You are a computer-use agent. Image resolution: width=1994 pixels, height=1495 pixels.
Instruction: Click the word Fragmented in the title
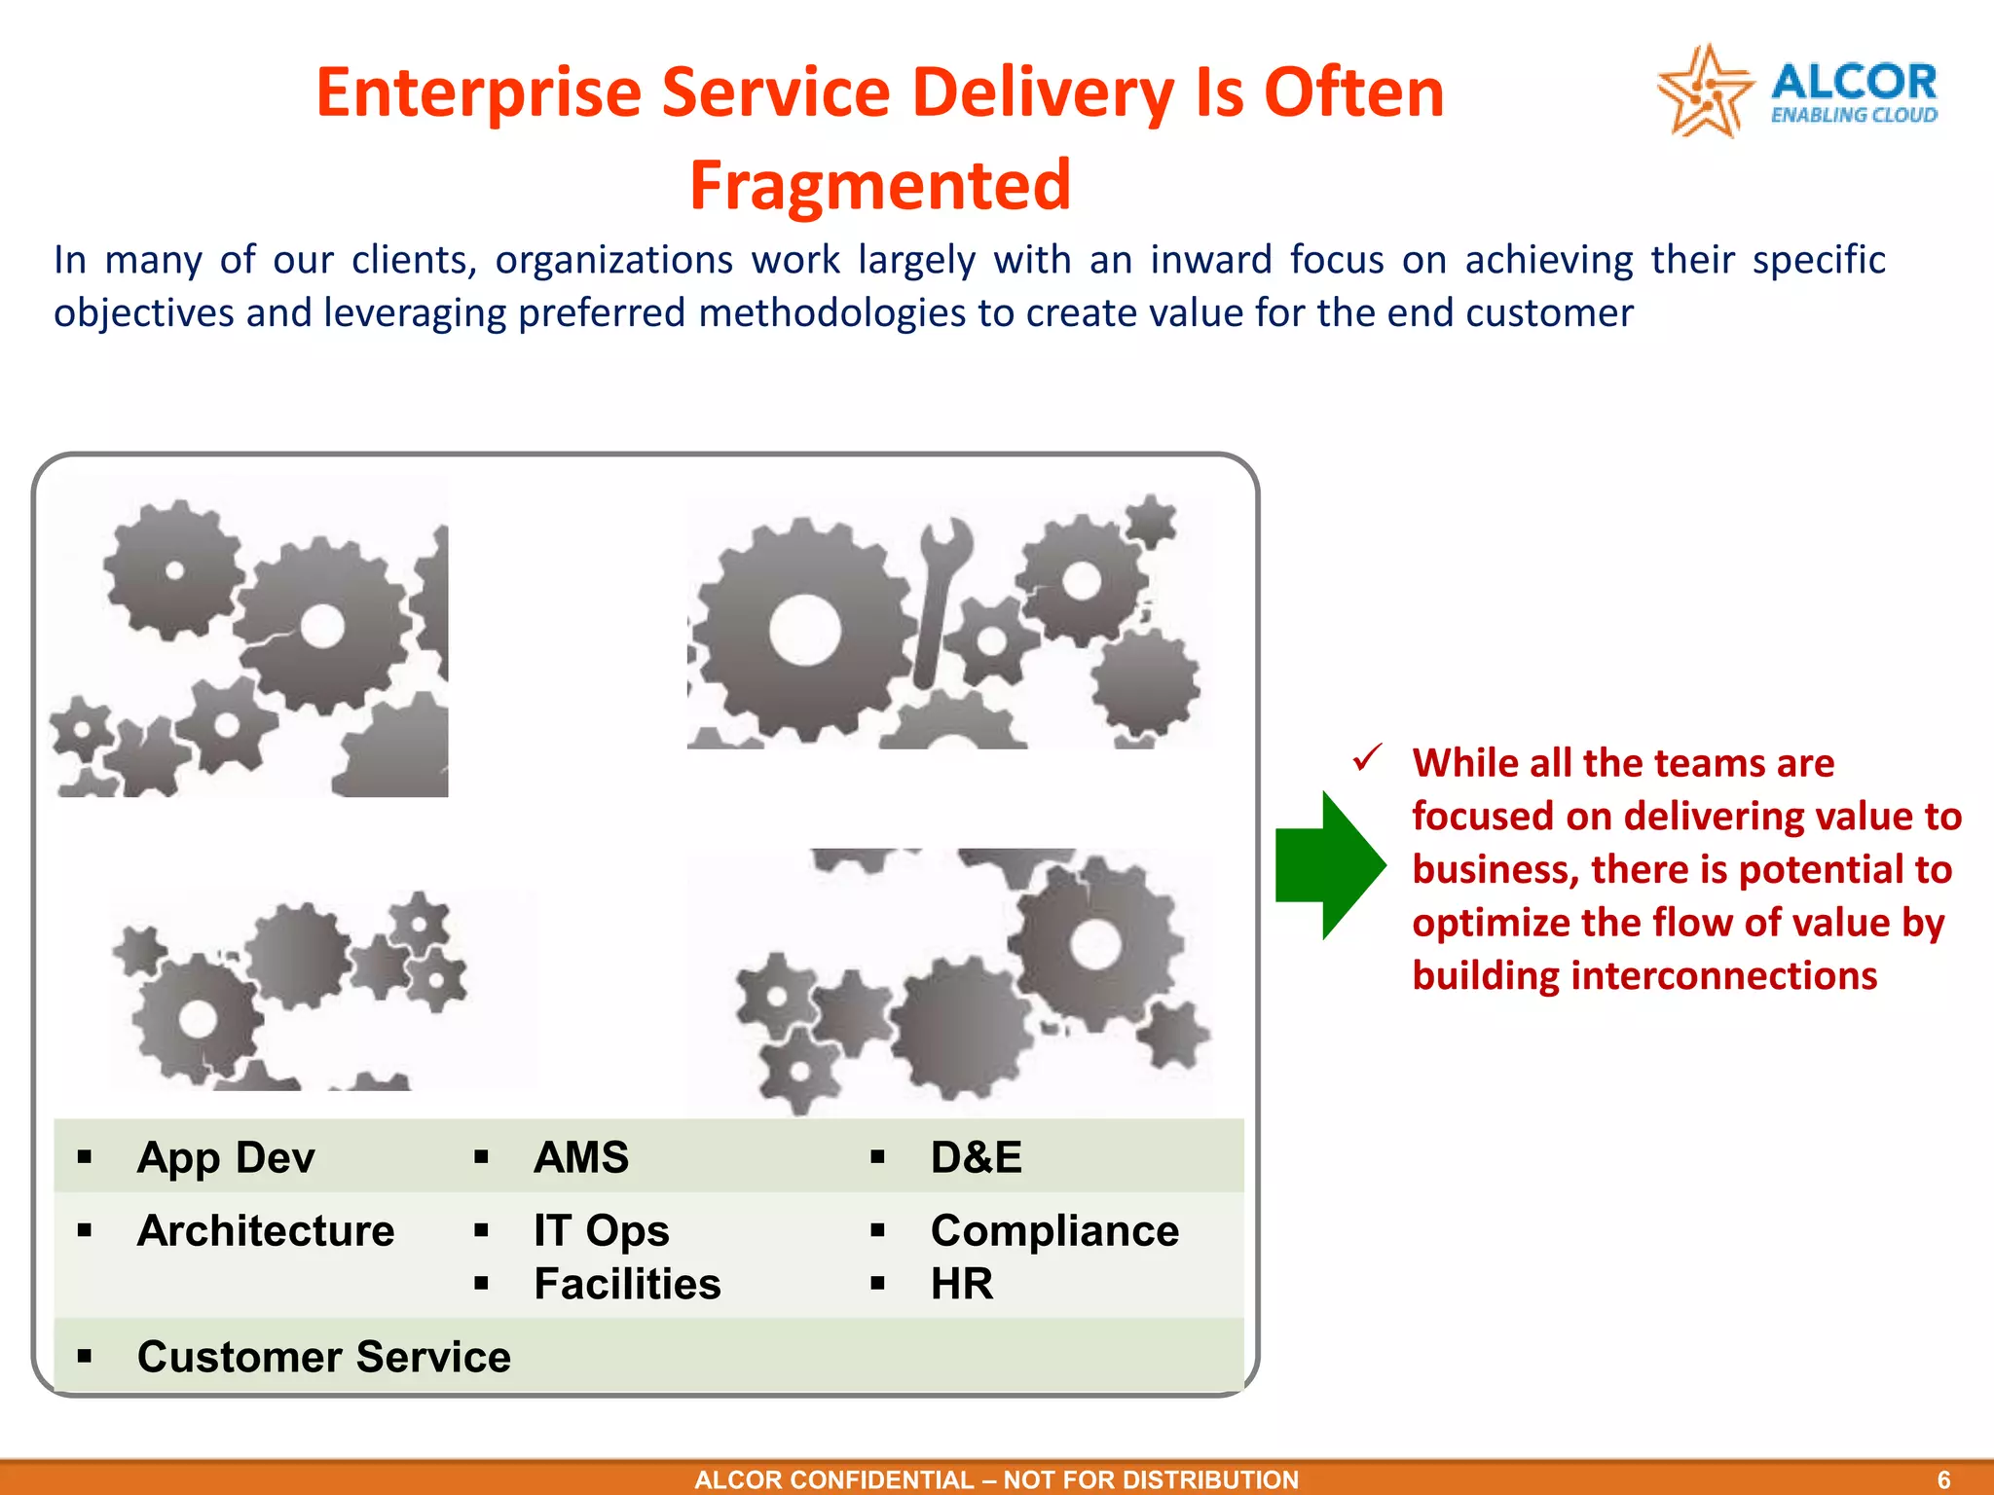[x=880, y=185]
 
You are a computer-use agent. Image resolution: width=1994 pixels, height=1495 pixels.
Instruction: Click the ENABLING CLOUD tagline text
[x=1854, y=115]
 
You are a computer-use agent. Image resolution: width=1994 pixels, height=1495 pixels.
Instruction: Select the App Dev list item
[x=226, y=1157]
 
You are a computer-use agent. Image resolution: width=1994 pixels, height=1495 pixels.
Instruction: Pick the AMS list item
[x=581, y=1157]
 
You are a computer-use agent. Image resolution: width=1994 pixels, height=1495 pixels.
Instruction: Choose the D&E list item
[x=977, y=1157]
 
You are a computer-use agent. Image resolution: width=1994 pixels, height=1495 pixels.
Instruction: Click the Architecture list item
[x=266, y=1230]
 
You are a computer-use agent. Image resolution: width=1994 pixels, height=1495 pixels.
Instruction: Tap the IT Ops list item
[x=601, y=1230]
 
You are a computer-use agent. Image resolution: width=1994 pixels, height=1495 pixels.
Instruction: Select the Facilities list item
[x=627, y=1284]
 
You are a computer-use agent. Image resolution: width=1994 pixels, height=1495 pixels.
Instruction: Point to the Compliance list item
[x=1054, y=1230]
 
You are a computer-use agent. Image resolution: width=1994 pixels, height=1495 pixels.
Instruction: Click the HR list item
[x=962, y=1284]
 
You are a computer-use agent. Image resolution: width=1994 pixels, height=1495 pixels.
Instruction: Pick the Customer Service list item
[x=323, y=1357]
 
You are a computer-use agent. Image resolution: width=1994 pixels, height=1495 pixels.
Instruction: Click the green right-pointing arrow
[x=1330, y=865]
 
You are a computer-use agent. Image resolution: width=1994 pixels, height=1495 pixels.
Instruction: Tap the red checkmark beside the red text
[x=1368, y=757]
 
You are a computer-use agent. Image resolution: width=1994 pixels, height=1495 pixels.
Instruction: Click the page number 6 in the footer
[x=1943, y=1479]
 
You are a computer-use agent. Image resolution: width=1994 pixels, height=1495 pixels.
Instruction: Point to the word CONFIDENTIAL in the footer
[x=881, y=1479]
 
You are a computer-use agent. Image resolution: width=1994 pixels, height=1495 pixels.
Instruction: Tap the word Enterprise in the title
[x=480, y=92]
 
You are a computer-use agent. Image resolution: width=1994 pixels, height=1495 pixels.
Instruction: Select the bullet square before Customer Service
[x=85, y=1356]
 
